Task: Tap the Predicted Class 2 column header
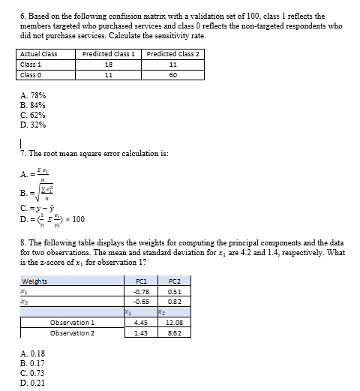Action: pyautogui.click(x=173, y=54)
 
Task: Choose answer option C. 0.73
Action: pyautogui.click(x=33, y=372)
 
